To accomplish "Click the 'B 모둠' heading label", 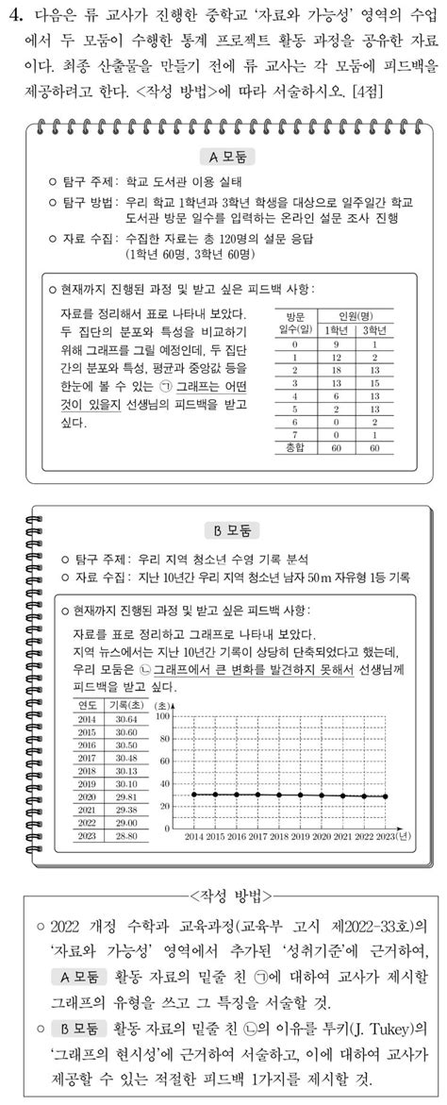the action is tap(223, 530).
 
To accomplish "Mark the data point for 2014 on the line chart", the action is tap(194, 794).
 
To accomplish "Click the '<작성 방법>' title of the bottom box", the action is tap(224, 893).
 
